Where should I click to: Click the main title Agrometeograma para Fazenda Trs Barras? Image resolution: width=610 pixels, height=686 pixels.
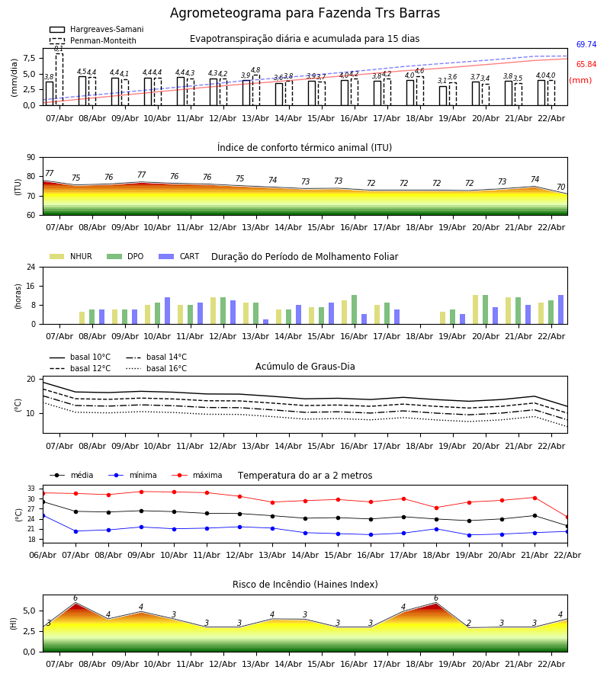(x=305, y=14)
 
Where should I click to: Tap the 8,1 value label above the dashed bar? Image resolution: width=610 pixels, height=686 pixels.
(x=59, y=49)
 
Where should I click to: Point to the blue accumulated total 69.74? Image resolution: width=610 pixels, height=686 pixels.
(x=586, y=45)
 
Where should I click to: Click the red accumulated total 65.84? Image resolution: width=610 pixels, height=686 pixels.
(x=586, y=65)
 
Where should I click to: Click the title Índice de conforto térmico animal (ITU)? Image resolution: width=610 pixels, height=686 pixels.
(x=304, y=148)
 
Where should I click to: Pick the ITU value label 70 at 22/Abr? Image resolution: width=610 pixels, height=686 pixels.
(x=560, y=188)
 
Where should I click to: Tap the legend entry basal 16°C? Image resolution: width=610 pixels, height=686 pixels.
(x=166, y=369)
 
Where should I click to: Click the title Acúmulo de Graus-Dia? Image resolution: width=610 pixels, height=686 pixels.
(x=305, y=367)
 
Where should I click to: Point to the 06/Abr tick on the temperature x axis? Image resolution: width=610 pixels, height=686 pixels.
(x=43, y=554)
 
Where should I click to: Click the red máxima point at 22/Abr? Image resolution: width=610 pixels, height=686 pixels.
(x=567, y=517)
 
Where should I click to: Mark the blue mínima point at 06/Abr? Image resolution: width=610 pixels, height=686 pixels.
(x=43, y=516)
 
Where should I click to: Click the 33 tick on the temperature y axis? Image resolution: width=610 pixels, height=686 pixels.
(x=32, y=489)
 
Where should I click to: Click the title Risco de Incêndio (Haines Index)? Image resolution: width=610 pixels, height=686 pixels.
(x=305, y=585)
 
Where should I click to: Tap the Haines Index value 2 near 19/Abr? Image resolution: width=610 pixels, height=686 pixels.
(x=469, y=623)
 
